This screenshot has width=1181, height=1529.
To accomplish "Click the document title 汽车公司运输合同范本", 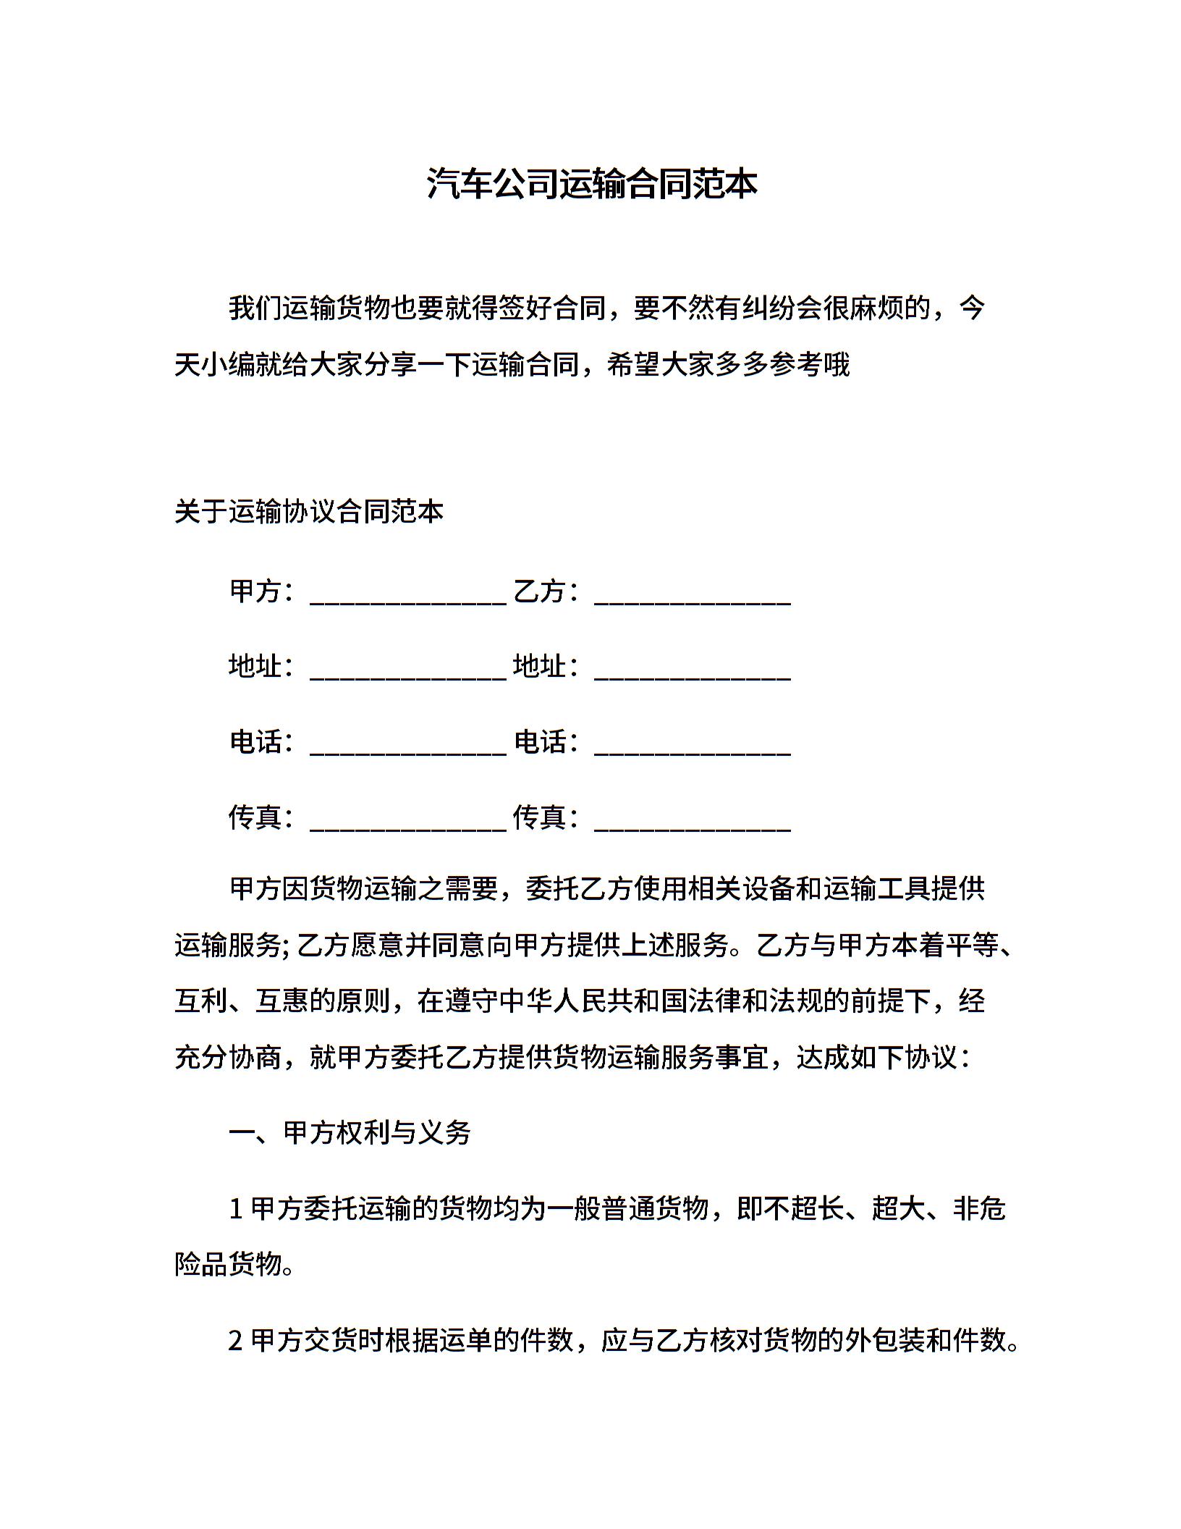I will (x=590, y=184).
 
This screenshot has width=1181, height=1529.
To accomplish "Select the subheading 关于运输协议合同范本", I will (x=308, y=512).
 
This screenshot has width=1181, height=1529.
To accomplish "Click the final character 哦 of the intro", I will (x=836, y=364).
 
